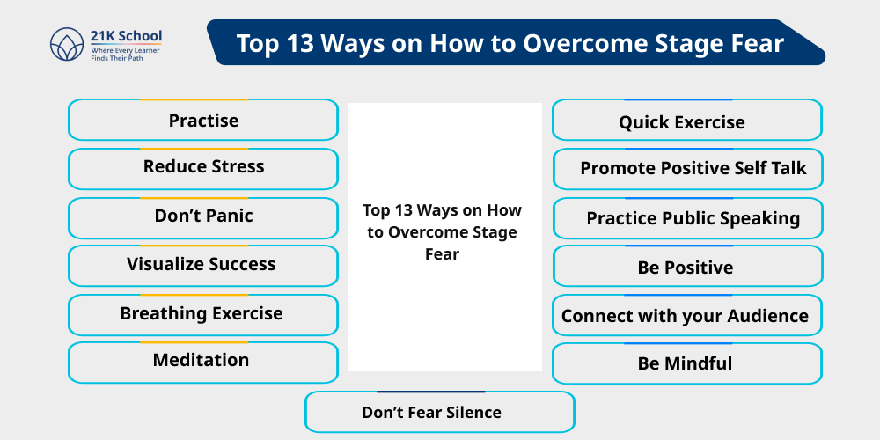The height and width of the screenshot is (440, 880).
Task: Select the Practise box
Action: [203, 121]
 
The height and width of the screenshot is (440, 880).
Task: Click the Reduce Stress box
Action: [203, 167]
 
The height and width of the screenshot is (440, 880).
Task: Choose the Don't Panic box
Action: [203, 216]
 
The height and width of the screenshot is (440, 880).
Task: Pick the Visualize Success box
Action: [203, 265]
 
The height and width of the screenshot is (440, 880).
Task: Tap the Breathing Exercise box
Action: [203, 314]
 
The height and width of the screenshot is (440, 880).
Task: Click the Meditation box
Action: [203, 361]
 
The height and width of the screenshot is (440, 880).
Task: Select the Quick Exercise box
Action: [686, 122]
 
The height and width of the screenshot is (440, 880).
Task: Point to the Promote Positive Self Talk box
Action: [686, 169]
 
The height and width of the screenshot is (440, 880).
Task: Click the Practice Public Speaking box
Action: [686, 218]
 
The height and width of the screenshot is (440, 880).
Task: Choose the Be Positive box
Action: [686, 267]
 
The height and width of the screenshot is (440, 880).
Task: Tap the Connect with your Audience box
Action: [686, 316]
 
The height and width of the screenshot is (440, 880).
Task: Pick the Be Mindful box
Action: [686, 363]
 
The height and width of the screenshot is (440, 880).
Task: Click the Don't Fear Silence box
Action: [439, 412]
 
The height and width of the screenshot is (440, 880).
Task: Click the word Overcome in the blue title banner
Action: [585, 43]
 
